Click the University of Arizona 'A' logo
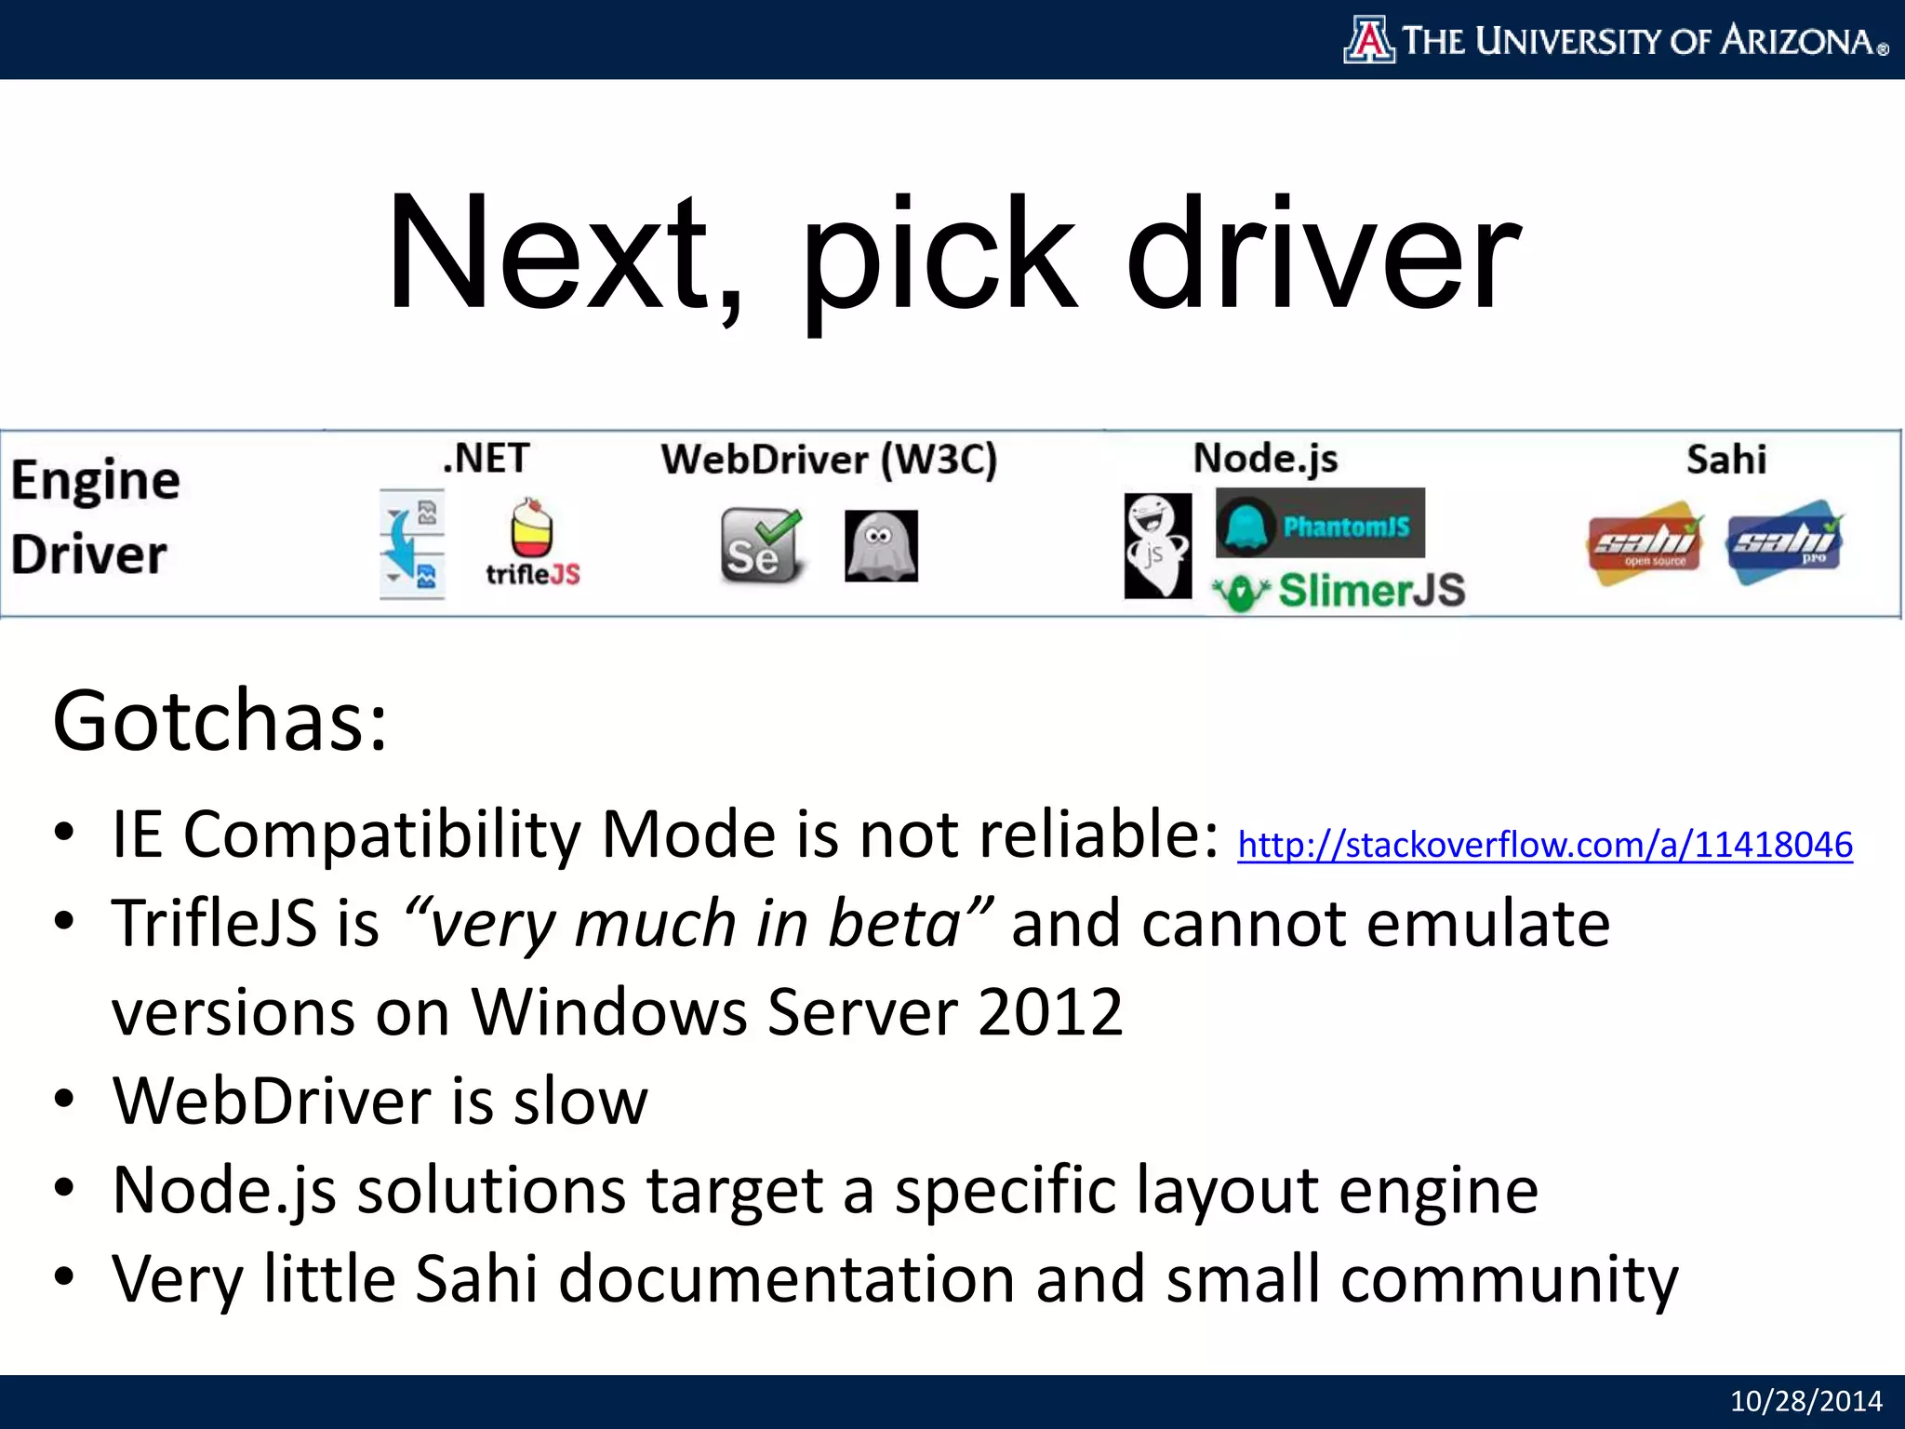tap(1368, 41)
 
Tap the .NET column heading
tap(486, 459)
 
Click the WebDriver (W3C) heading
tap(829, 460)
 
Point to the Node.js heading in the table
tap(1265, 459)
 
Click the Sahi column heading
tap(1725, 460)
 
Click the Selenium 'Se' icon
tap(760, 547)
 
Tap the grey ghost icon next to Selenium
tap(881, 546)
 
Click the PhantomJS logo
tap(1320, 524)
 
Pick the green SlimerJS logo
tap(1339, 591)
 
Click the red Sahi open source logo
tap(1645, 543)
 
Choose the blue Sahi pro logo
tap(1784, 543)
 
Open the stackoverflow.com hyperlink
tap(1544, 845)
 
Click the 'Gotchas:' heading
tap(220, 721)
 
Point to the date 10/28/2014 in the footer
tap(1805, 1401)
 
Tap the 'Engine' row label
tap(95, 481)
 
